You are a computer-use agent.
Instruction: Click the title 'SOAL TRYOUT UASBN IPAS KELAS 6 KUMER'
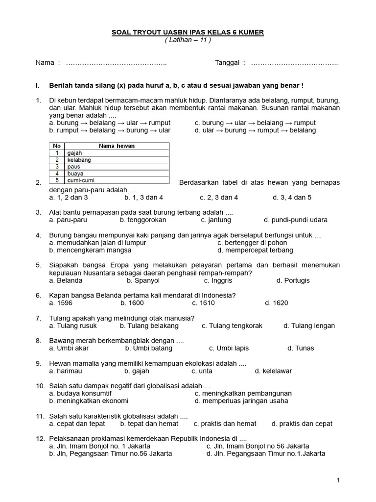click(188, 32)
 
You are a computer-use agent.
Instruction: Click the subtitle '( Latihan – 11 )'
click(188, 40)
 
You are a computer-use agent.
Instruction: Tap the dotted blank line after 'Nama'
click(116, 63)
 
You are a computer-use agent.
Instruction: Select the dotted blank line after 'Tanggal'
click(294, 63)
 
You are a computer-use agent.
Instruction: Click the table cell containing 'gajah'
click(117, 153)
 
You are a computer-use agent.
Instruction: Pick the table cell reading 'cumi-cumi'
click(117, 180)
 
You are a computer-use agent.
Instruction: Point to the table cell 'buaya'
click(117, 174)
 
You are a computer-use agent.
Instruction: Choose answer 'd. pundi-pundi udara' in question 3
click(296, 220)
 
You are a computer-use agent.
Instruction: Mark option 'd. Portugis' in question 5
click(293, 281)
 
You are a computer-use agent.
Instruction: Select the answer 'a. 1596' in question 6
click(61, 303)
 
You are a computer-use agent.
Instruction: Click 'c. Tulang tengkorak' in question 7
click(232, 326)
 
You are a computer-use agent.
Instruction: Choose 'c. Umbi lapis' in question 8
click(229, 349)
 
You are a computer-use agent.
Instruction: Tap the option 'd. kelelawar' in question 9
click(273, 371)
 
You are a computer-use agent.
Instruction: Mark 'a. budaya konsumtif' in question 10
click(80, 394)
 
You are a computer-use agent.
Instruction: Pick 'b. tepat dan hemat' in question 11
click(149, 424)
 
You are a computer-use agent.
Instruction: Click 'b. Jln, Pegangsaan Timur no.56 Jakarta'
click(111, 454)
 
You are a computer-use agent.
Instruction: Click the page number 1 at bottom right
click(338, 481)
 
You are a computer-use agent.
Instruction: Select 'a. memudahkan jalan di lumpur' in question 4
click(98, 243)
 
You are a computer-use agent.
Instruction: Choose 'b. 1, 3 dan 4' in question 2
click(144, 198)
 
